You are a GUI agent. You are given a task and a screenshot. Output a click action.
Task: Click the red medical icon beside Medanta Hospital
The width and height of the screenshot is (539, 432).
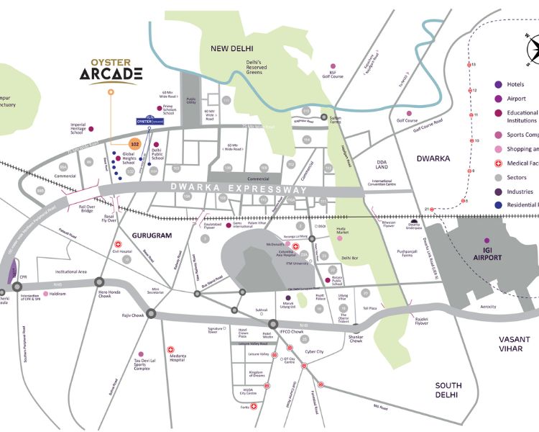point(170,349)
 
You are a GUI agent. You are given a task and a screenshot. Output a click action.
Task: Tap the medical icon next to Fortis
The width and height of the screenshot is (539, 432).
point(254,408)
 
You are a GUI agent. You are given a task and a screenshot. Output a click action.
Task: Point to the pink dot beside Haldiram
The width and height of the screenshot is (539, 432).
point(46,294)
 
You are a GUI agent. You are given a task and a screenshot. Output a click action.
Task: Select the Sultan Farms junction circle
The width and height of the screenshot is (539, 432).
point(324,117)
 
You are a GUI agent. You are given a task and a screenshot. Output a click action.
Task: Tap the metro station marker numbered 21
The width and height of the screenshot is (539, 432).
point(433,209)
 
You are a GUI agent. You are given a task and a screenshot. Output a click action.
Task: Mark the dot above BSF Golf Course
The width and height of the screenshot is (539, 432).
point(332,66)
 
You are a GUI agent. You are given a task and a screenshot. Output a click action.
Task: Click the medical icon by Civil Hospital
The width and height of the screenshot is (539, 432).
point(116,243)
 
